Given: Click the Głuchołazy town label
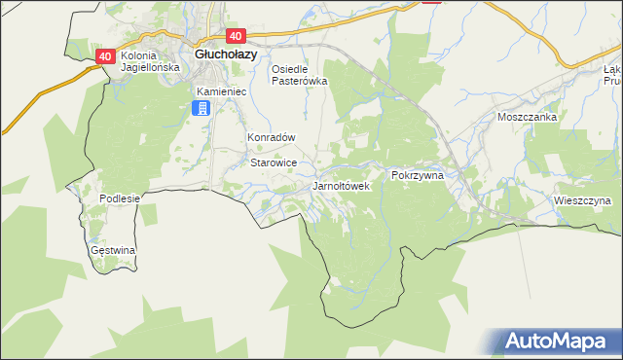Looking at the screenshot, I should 226,54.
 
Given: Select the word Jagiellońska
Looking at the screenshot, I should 151,68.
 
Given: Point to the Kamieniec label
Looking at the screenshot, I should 222,91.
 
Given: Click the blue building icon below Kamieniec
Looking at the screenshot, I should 202,108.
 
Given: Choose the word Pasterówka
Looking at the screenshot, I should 299,81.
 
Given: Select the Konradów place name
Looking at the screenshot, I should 271,138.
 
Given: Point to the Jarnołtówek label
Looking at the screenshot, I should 341,185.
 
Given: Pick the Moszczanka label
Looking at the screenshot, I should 526,117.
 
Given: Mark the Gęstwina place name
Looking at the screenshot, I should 112,250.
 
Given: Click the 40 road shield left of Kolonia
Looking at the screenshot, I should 106,56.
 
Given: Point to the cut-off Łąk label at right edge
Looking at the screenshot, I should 613,70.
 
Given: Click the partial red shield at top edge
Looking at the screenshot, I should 432,2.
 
